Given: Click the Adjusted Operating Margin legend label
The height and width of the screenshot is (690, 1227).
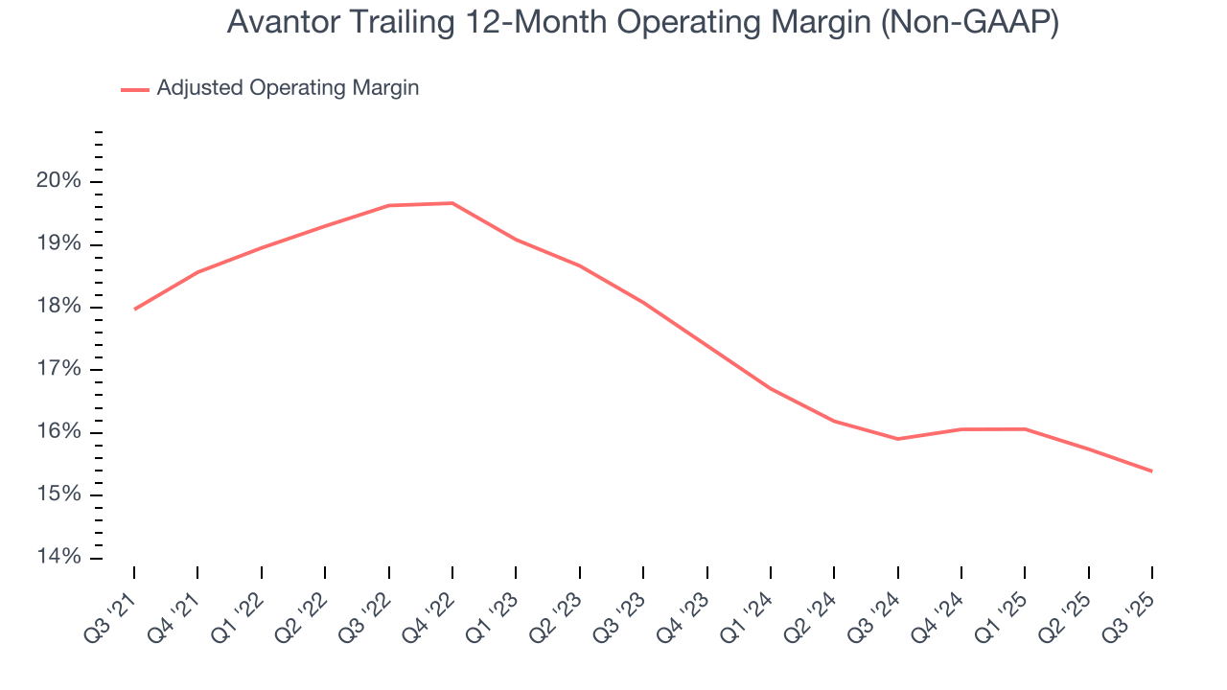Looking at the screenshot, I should [288, 88].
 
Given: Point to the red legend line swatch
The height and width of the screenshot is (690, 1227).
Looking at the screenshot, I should [135, 89].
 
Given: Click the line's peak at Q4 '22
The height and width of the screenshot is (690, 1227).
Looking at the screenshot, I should [452, 203].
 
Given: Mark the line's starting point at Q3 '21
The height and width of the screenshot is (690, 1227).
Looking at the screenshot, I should [134, 309].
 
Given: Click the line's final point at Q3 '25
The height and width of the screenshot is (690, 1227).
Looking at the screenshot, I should [1151, 471].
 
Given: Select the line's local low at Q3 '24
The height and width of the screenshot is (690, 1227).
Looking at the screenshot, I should [897, 439].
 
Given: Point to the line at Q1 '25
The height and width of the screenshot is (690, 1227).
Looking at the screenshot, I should [1025, 428].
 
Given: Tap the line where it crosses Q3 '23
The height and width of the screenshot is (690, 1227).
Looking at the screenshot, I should [643, 303].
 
